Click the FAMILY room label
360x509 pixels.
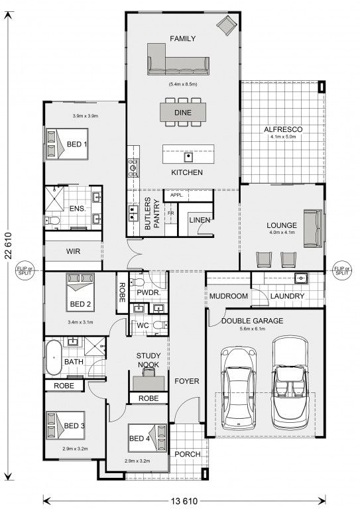(x=183, y=38)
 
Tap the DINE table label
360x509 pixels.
(x=183, y=113)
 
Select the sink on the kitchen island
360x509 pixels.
(x=188, y=157)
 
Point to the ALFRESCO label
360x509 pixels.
(x=283, y=129)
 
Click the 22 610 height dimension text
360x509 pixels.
(x=9, y=245)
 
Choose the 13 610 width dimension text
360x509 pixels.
(x=184, y=501)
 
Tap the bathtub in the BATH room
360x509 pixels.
(x=53, y=357)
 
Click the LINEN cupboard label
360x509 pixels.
(x=200, y=220)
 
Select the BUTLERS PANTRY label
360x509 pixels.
(x=152, y=213)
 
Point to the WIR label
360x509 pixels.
(x=73, y=251)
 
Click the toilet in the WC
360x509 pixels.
(x=160, y=325)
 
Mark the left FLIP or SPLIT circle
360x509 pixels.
(x=25, y=270)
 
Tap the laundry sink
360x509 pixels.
(x=301, y=278)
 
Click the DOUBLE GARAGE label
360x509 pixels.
(x=252, y=321)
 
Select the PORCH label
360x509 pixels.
(x=188, y=455)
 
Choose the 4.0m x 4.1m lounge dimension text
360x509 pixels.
(x=282, y=233)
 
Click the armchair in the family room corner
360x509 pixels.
(x=227, y=25)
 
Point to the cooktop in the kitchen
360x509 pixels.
(x=133, y=168)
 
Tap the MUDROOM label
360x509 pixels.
(x=229, y=296)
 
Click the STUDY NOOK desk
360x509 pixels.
(x=149, y=383)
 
